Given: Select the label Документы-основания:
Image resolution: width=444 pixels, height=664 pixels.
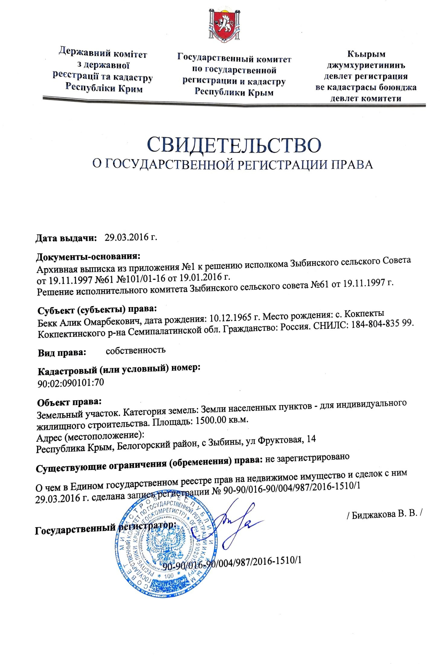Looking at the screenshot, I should pos(88,257).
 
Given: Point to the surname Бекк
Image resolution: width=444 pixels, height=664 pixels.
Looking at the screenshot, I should pos(47,323).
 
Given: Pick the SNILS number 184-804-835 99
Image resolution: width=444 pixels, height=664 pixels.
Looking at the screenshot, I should pos(381,324).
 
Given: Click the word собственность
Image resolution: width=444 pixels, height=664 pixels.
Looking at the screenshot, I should pos(136,350).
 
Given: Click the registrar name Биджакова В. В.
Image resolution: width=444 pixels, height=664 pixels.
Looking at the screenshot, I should pos(383,515).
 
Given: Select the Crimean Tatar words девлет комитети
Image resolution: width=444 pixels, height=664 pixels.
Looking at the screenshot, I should pos(366,98).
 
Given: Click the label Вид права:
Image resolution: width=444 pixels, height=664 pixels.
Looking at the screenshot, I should pos(62,353).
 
